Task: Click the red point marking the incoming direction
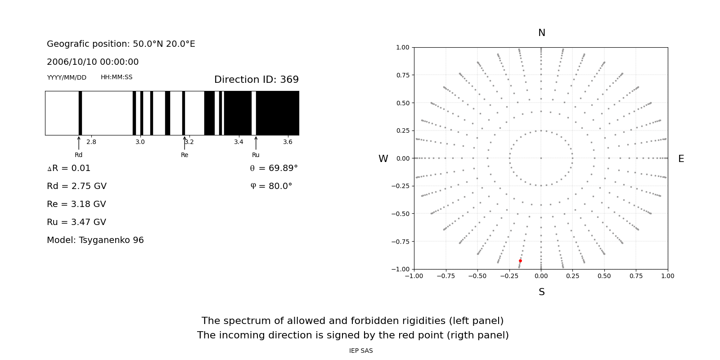coord(520,261)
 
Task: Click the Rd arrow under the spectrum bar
coord(79,143)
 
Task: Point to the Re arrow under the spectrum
coord(184,143)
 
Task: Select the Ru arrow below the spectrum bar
coord(256,143)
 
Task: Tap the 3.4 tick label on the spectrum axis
coord(238,142)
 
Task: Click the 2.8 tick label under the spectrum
coord(91,142)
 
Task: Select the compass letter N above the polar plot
coord(542,33)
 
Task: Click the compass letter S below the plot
coord(542,292)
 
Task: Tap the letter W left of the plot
coord(383,159)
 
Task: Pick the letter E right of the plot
coord(681,159)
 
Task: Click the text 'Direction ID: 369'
coord(256,80)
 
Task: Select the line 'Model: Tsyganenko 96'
coord(95,240)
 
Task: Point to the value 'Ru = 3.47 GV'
coord(76,222)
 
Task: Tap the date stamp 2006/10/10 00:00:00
coord(93,62)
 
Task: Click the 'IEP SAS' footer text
coord(361,351)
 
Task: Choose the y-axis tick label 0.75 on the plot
coord(402,75)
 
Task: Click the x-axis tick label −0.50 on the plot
coord(477,276)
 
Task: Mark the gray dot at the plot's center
coord(541,158)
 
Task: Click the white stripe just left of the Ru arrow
coord(254,113)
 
